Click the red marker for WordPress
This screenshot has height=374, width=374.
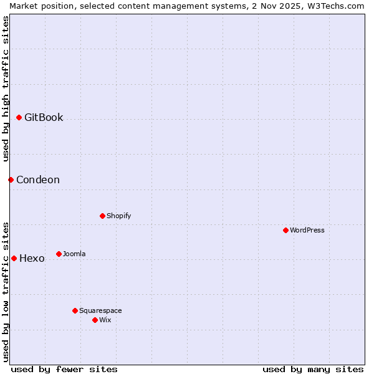[285, 230]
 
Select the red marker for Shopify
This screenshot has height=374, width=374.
[102, 216]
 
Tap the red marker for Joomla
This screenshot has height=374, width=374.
[59, 254]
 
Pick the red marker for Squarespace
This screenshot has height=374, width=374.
[75, 310]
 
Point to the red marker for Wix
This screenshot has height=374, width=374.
[95, 320]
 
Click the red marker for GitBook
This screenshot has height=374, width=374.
[19, 117]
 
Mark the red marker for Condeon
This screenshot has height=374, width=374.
[11, 180]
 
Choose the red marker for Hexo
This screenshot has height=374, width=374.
[14, 258]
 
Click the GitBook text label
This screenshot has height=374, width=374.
[44, 117]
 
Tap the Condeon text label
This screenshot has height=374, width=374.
[38, 180]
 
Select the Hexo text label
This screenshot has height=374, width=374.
[32, 259]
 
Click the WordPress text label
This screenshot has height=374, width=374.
[307, 230]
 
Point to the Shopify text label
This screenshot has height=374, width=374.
[118, 216]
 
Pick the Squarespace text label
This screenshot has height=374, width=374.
[100, 310]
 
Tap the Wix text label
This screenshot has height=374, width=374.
[105, 320]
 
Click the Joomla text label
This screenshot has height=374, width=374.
[74, 254]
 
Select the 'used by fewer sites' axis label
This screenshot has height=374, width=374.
[64, 369]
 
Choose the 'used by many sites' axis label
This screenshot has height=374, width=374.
[313, 369]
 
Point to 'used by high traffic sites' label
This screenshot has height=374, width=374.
[6, 89]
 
